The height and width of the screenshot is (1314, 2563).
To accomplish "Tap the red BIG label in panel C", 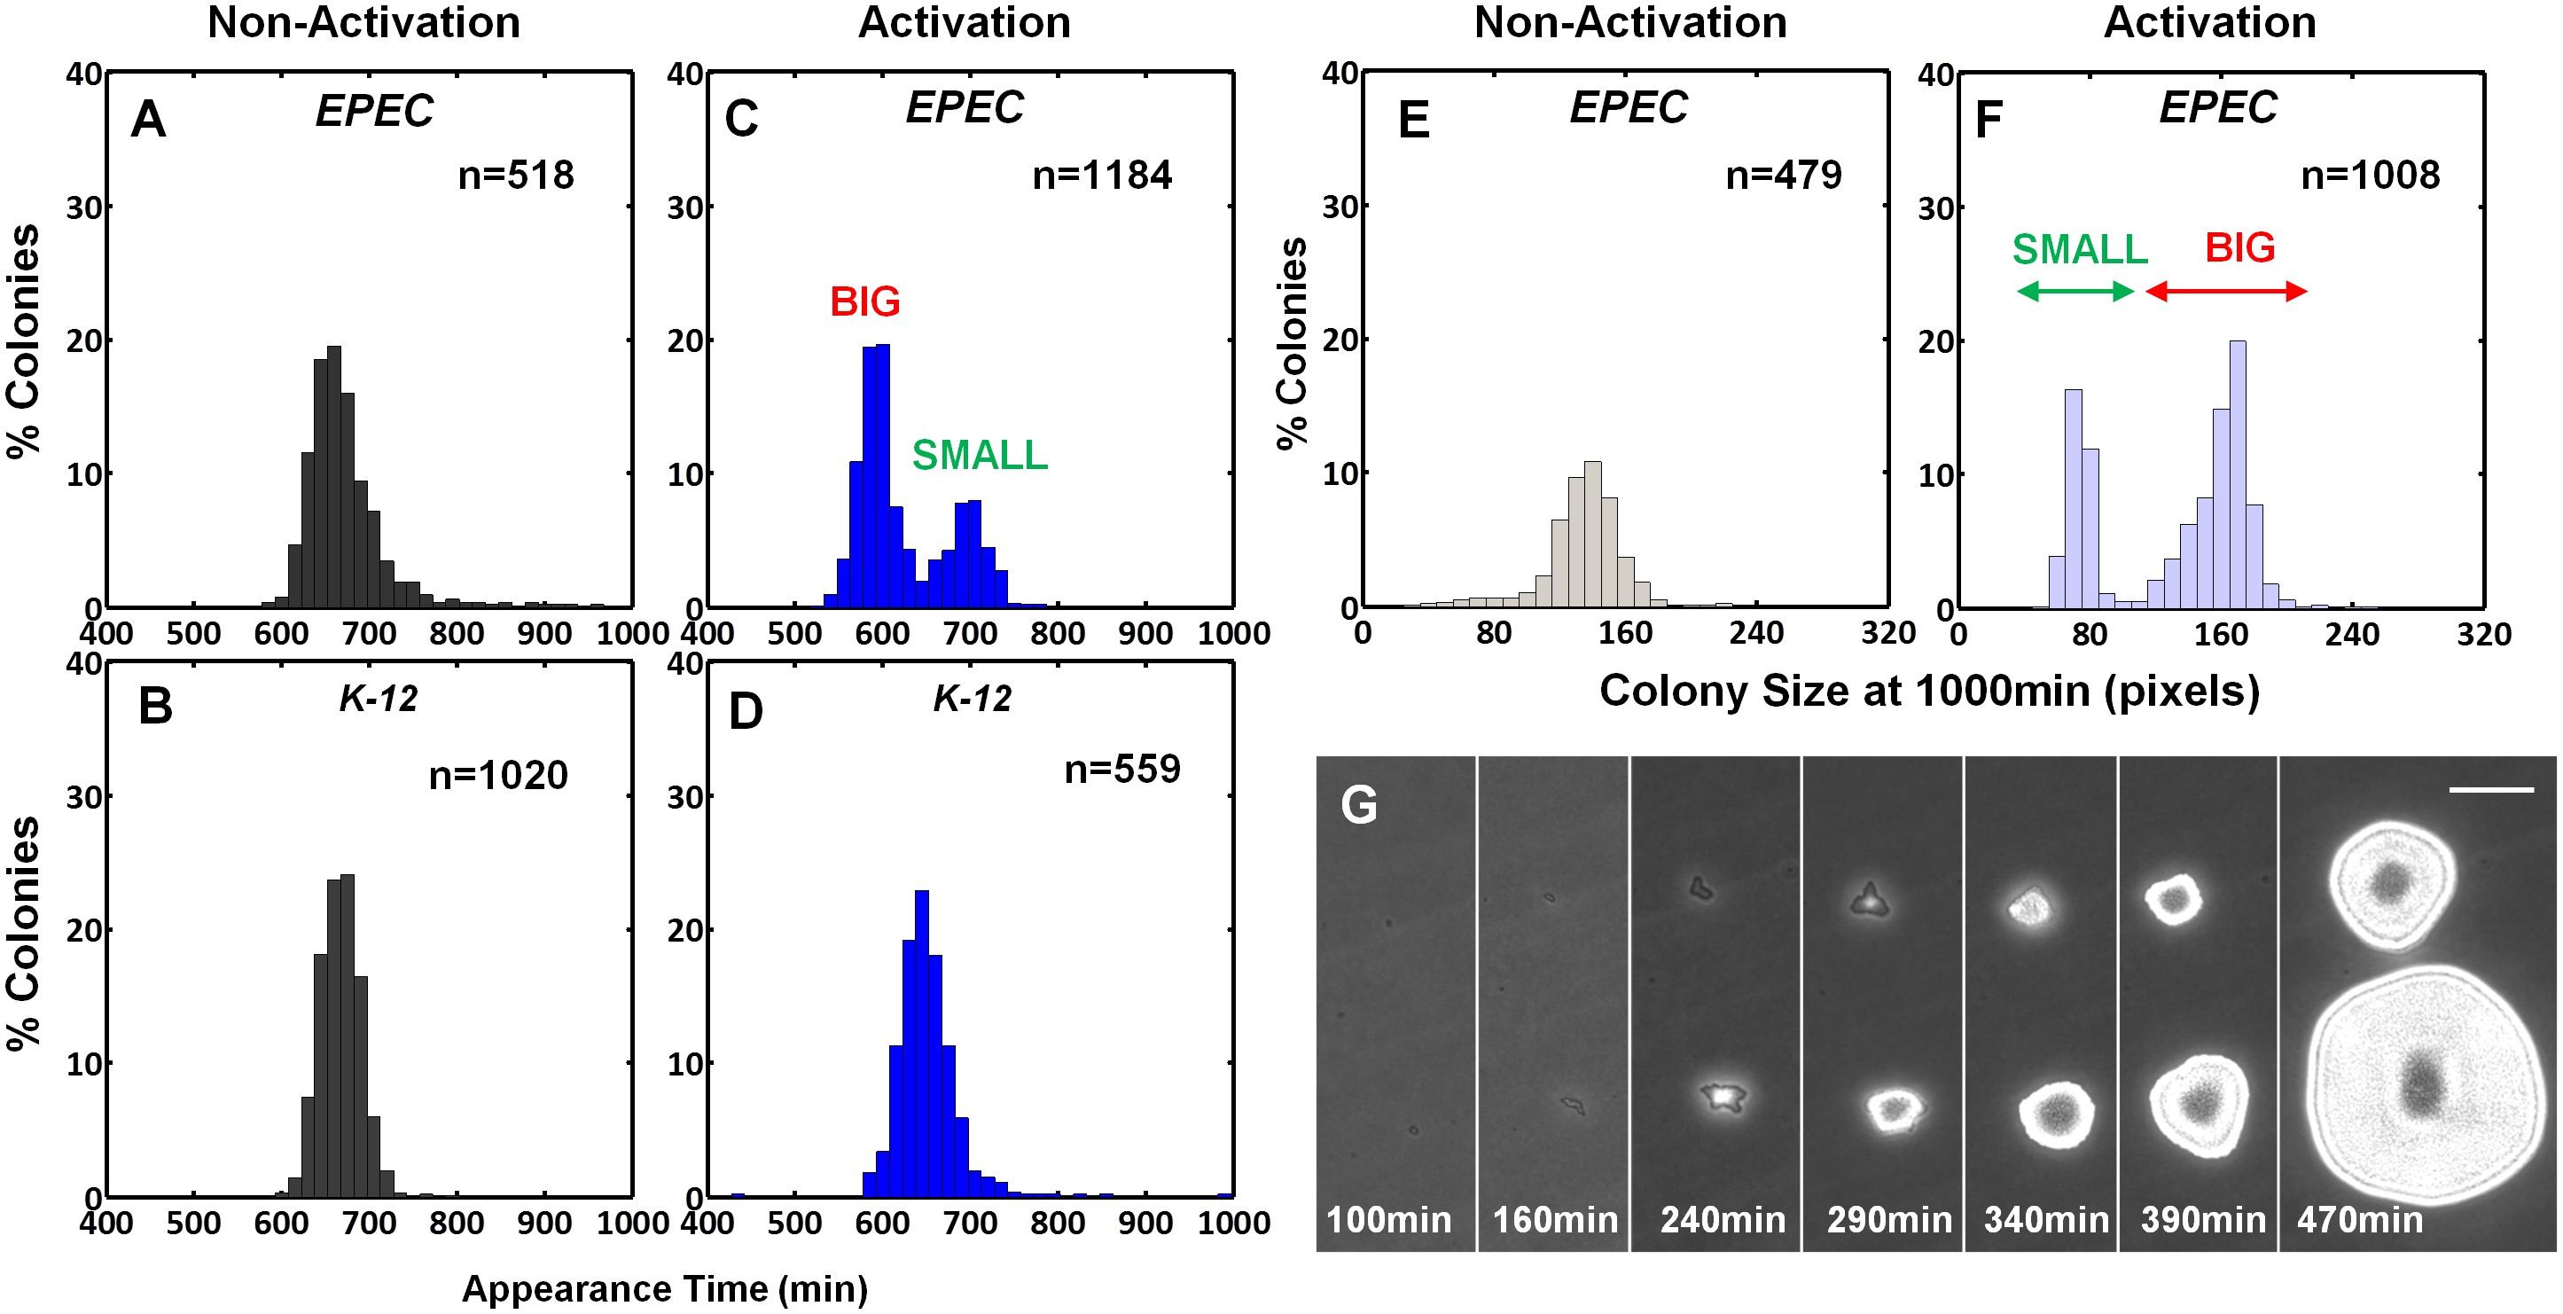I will pos(864,301).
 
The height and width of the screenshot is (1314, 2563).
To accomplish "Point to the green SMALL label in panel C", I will pos(979,455).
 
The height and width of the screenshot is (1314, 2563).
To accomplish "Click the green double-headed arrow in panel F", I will pos(2075,292).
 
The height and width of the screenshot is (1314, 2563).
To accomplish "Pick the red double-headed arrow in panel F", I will pos(2226,292).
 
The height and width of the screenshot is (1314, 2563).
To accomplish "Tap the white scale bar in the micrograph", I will pos(2490,790).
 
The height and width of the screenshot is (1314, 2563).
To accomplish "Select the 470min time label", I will pos(2359,1219).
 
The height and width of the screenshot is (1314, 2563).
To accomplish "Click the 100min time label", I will pos(1389,1219).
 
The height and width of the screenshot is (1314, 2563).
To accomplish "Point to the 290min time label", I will pos(1888,1219).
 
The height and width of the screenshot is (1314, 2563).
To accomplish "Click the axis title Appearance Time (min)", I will pos(665,1288).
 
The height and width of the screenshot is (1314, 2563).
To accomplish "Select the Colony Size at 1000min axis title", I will pos(1928,691).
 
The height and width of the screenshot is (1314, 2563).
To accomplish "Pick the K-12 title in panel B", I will pos(378,699).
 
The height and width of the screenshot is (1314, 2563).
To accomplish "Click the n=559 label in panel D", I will pos(1121,769).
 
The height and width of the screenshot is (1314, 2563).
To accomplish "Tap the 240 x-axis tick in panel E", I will pos(1756,633).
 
